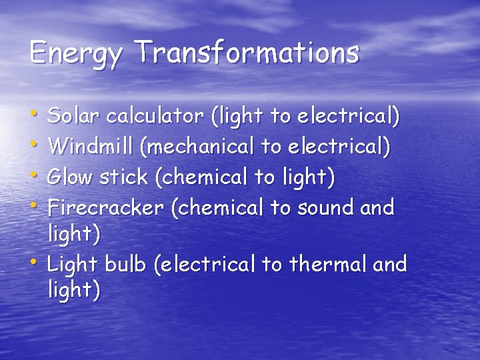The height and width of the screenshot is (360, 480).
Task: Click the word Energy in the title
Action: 76,53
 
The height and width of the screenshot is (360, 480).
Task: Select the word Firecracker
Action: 106,207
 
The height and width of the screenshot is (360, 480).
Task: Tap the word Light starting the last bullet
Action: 73,265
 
